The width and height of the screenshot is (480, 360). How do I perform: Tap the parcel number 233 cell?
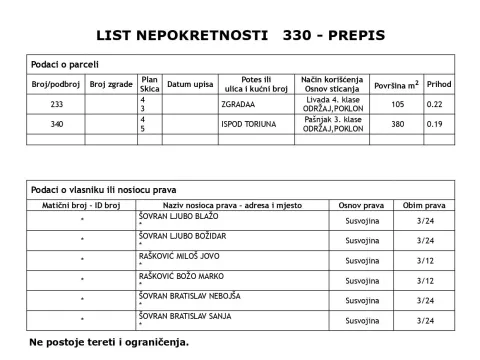[56, 104]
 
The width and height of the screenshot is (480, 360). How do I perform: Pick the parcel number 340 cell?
[56, 124]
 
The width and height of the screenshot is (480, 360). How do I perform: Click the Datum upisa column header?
[189, 84]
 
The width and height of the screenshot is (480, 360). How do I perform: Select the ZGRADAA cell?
[238, 104]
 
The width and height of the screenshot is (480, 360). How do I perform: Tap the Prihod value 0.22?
[435, 104]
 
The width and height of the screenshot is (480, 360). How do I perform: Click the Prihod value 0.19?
[435, 124]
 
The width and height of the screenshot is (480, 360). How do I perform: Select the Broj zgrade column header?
[111, 84]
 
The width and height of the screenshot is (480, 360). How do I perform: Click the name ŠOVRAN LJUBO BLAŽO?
[178, 215]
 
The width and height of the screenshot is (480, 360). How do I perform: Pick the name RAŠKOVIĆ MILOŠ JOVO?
[179, 256]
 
